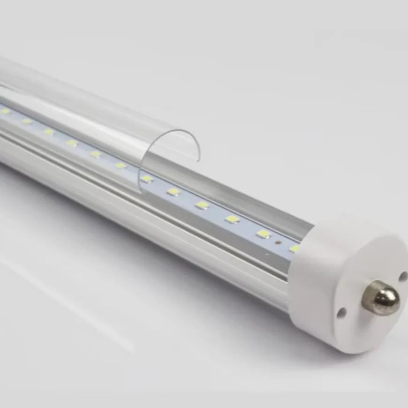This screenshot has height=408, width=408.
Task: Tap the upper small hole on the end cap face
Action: coord(402,276)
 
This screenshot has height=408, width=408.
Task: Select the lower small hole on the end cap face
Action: coord(340,311)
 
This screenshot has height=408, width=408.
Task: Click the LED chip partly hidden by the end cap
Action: coord(294,248)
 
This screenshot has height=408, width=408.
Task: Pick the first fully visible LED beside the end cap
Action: coord(263,234)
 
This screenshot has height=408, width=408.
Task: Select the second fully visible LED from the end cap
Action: coord(232,219)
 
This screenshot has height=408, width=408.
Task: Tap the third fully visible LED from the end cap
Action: coord(202,205)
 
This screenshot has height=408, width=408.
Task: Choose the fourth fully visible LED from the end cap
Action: coord(174,191)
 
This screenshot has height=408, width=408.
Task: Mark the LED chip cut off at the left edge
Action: coord(5,111)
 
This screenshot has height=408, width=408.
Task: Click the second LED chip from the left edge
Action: coord(27,121)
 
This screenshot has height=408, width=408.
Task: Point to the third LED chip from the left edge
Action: coord(49,131)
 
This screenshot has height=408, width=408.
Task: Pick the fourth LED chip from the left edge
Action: coord(71,142)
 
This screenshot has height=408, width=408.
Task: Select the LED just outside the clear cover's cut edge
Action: coord(147,178)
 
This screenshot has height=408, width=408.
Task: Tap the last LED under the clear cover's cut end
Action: coord(121,165)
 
